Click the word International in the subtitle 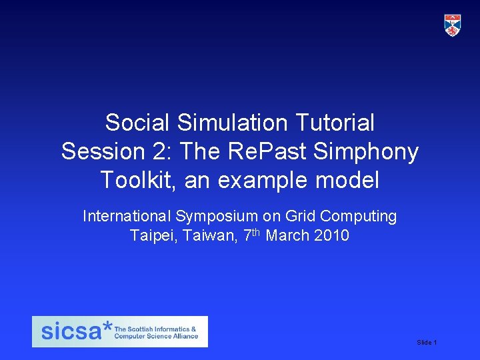click(x=127, y=216)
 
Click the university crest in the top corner click(x=453, y=25)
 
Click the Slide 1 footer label click(x=427, y=342)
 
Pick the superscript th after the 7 click(x=254, y=232)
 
